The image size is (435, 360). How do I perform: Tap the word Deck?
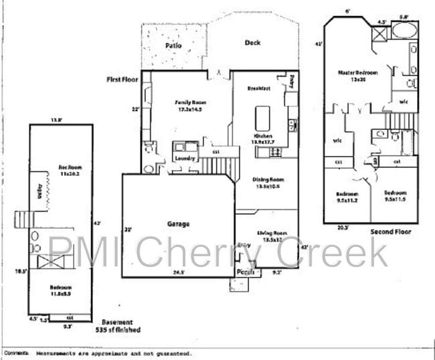252,43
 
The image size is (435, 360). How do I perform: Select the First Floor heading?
122,79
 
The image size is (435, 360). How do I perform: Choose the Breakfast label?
258,88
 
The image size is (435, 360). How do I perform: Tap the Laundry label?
185,159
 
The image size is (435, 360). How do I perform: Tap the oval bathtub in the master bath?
403,30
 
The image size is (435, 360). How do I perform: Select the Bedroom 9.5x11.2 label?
347,197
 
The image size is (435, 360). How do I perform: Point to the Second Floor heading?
390,232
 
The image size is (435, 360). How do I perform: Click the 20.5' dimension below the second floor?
344,227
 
